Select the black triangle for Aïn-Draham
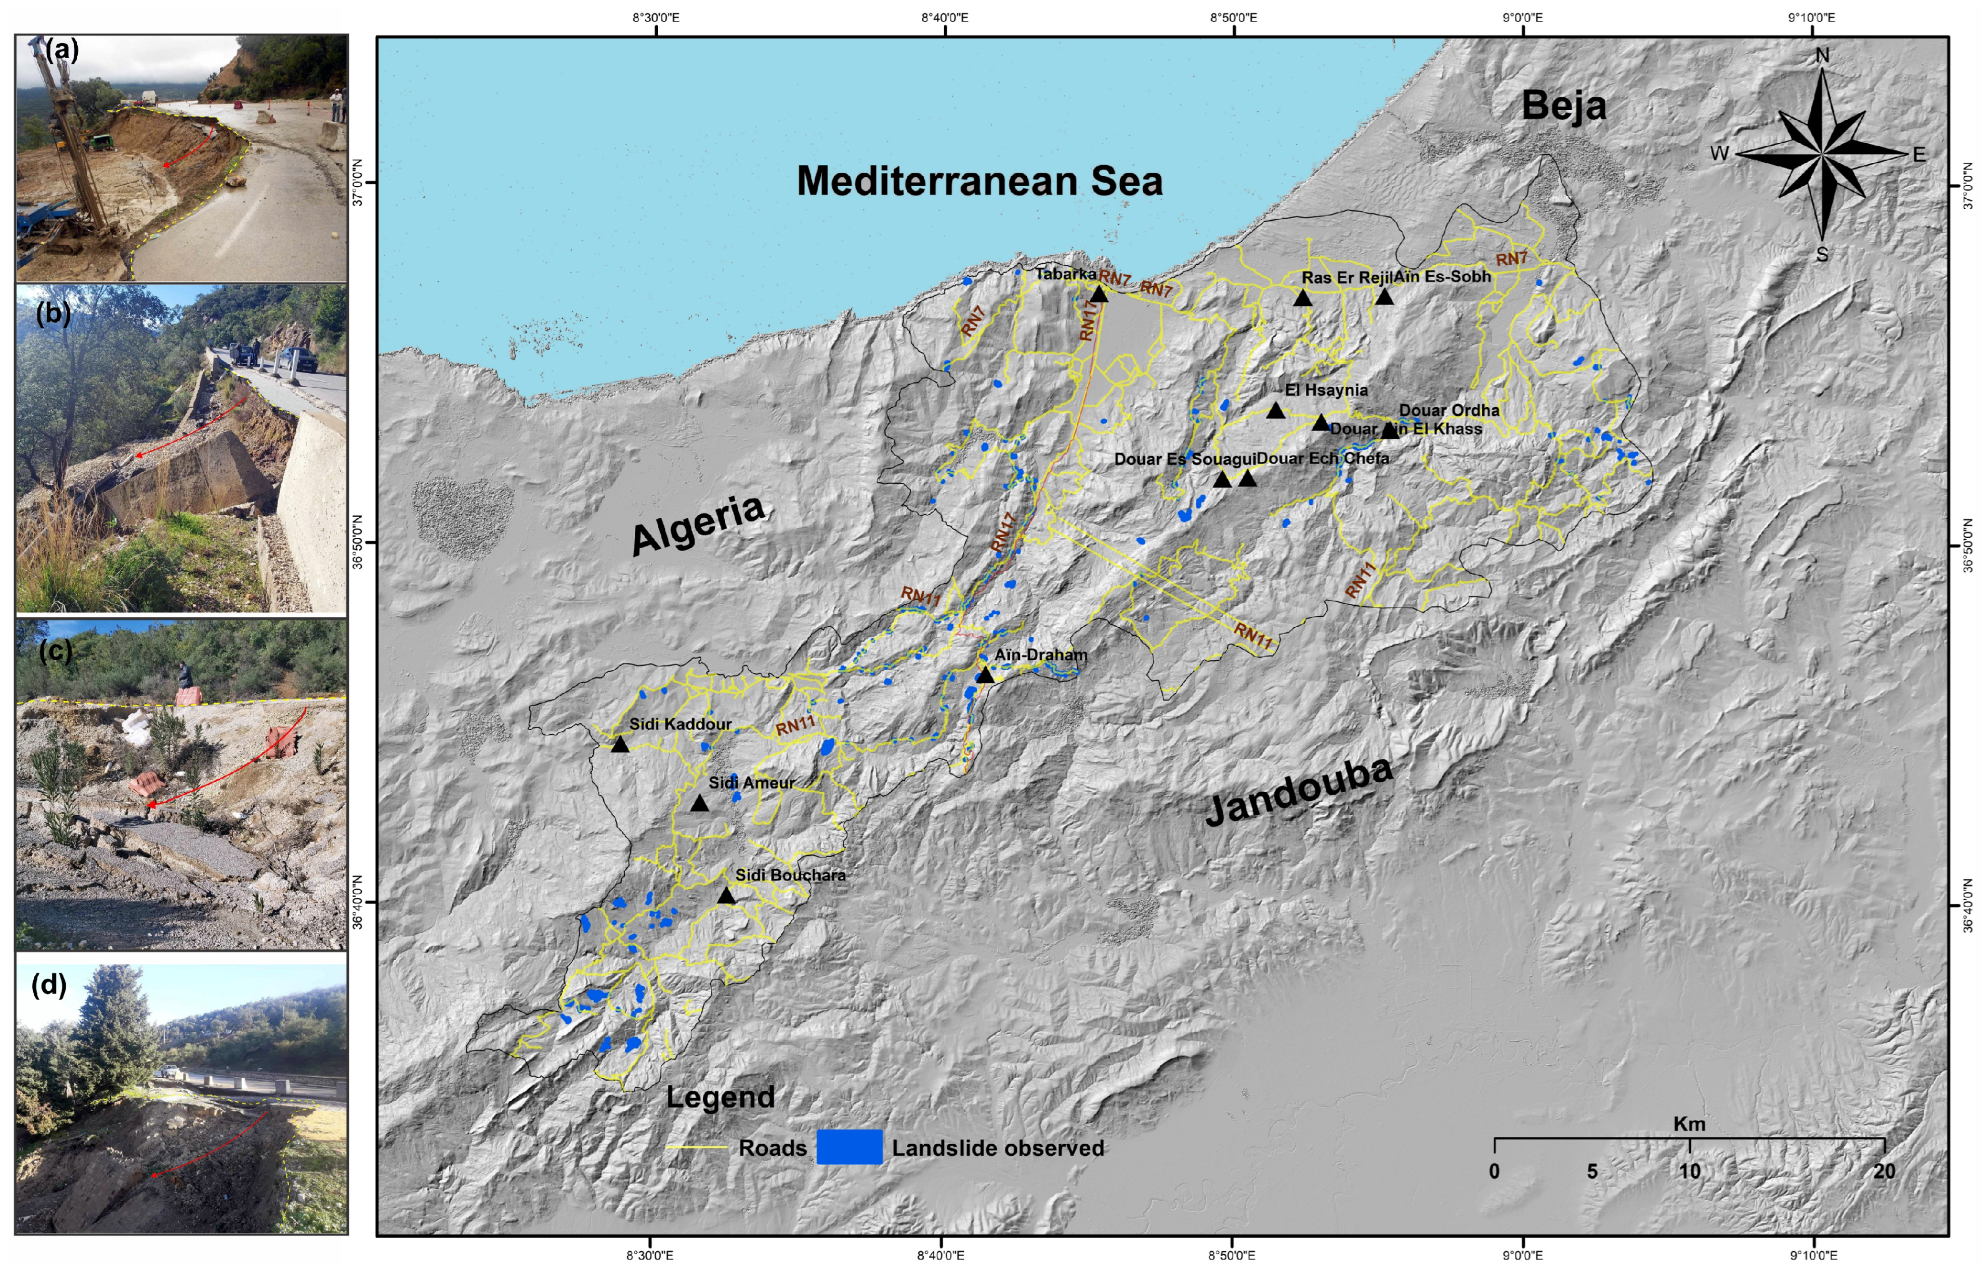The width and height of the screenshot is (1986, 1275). (984, 676)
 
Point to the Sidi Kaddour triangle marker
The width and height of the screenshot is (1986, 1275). (619, 744)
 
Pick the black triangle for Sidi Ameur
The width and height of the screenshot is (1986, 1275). (700, 804)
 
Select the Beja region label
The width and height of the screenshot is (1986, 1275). (1564, 106)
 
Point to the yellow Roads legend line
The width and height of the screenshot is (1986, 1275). (697, 1148)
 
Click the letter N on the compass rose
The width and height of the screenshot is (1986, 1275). (1822, 55)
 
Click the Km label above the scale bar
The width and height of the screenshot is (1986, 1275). (1689, 1124)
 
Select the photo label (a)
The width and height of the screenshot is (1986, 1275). (62, 51)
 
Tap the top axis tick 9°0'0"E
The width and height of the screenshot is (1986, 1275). (1522, 17)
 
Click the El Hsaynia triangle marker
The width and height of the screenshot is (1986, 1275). (1276, 411)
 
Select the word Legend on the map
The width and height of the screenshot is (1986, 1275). (720, 1097)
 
